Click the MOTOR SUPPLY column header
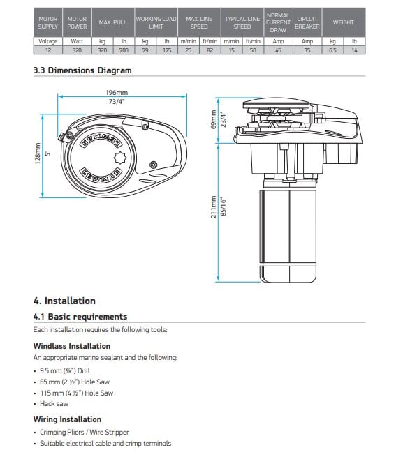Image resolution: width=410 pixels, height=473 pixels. click(48, 22)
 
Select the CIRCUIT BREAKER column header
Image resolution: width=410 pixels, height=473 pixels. click(307, 22)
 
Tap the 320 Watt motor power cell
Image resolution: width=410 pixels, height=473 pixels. click(77, 50)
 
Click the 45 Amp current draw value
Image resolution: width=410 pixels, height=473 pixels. click(277, 50)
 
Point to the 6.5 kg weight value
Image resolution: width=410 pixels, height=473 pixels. click(332, 50)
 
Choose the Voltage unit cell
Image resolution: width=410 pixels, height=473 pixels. click(48, 41)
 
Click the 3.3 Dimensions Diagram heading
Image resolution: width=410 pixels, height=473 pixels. click(82, 70)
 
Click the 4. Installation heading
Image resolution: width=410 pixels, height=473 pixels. click(64, 301)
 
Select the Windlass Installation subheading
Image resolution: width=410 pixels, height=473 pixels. click(71, 346)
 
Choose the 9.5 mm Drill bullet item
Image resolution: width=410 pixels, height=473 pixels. click(65, 370)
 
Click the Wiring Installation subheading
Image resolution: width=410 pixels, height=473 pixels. click(67, 419)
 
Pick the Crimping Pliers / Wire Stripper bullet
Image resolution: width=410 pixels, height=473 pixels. click(84, 433)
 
